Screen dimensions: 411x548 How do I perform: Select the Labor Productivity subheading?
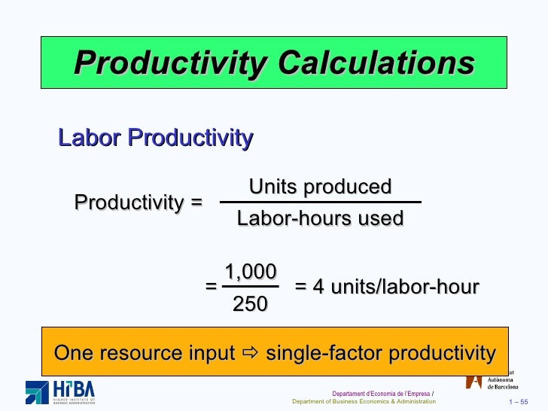(x=156, y=138)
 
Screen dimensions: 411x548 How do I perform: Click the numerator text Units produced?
(x=320, y=186)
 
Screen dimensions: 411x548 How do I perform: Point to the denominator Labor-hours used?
(x=320, y=218)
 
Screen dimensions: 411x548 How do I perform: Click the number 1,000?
(x=251, y=272)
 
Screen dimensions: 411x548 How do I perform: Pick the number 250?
(x=250, y=304)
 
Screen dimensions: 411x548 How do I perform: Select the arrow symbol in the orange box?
(x=251, y=353)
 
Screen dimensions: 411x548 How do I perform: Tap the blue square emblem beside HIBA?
(x=37, y=392)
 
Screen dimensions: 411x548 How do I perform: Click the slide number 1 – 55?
(x=519, y=402)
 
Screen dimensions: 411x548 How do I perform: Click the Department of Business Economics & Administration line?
(x=364, y=402)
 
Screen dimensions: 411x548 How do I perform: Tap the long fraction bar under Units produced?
(x=320, y=202)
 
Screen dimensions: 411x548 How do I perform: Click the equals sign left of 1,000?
(x=211, y=287)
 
